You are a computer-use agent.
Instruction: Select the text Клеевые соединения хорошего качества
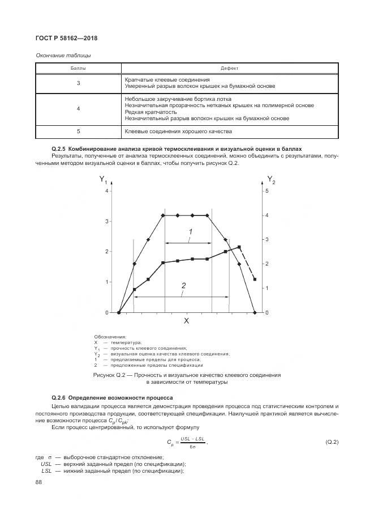178,131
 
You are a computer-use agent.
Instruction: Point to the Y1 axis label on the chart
103,180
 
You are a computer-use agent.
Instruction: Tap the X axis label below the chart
186,321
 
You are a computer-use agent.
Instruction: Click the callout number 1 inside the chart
191,232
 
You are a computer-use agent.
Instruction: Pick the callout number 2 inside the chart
183,286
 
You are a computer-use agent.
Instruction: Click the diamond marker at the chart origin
119,312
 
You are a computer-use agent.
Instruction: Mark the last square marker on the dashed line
255,279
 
